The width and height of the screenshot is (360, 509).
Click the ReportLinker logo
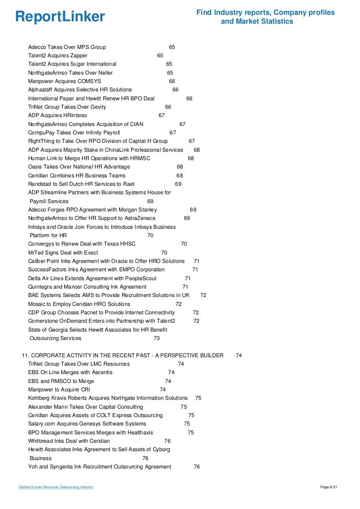point(60,17)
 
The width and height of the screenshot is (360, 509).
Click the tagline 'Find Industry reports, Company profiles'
point(266,12)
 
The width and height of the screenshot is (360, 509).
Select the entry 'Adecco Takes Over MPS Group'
point(67,47)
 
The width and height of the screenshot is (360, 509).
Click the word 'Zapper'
point(79,56)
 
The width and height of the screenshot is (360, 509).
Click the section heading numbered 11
point(122,355)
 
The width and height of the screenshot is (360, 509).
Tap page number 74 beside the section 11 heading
point(239,355)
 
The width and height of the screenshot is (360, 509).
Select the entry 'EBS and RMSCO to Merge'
point(61,381)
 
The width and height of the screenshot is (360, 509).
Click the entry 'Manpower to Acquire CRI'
point(59,389)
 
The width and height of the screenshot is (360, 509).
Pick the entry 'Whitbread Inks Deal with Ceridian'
point(69,441)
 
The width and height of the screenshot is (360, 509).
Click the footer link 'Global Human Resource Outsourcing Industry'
point(56,487)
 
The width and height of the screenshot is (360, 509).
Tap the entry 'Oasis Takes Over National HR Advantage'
point(79,167)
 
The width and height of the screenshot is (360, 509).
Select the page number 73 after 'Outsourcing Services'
point(157,339)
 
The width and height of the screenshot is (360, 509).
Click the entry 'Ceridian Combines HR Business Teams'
point(77,175)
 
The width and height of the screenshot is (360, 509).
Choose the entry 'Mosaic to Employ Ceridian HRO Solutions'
point(79,304)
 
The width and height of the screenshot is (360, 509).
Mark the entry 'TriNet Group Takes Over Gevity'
point(67,107)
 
